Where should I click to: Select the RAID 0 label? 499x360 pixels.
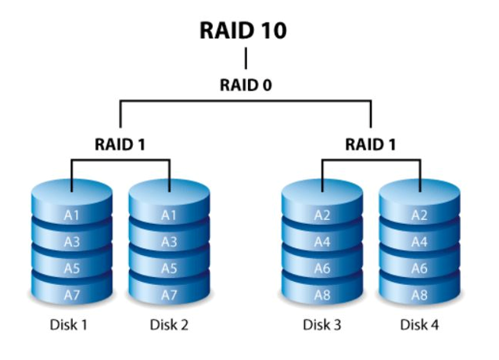coord(246,85)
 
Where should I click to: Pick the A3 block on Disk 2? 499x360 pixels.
coord(169,242)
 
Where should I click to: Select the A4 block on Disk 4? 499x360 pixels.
coord(421,242)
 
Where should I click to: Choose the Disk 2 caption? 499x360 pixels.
coord(169,323)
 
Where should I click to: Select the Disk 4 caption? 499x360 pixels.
coord(421,323)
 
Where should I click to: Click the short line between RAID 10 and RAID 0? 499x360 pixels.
coord(246,59)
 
